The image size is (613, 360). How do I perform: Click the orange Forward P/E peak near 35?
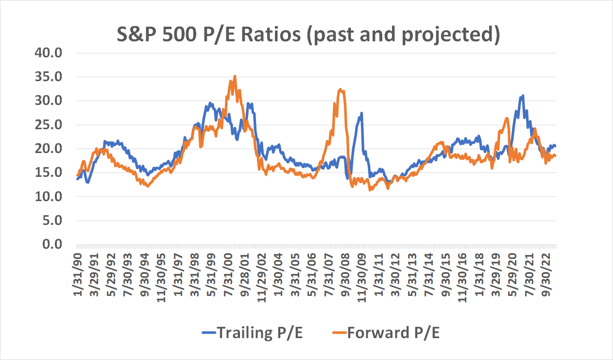pyautogui.click(x=235, y=76)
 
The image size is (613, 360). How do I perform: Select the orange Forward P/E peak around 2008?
pyautogui.click(x=341, y=89)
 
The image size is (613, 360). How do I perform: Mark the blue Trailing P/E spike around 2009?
pyautogui.click(x=361, y=113)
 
